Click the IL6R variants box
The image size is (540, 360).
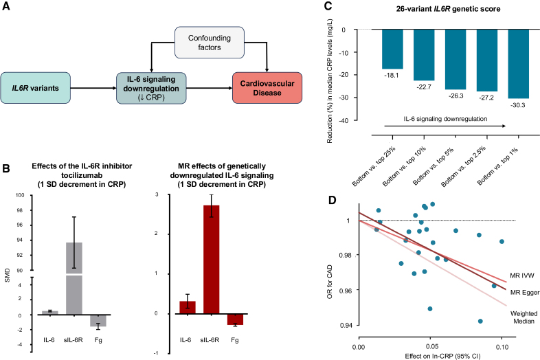[x=41, y=89]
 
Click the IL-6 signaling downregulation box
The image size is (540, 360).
[x=150, y=89]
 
